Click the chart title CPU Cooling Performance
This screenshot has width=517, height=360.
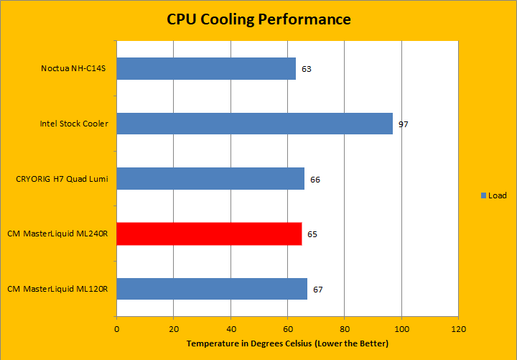[x=258, y=19]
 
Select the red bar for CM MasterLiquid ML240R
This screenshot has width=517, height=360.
[x=209, y=234]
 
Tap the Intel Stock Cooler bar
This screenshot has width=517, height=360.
[x=254, y=124]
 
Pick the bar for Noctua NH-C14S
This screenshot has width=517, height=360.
[x=206, y=69]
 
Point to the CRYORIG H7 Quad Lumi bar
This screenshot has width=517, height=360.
[x=210, y=179]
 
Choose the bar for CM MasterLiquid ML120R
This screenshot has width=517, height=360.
[x=212, y=289]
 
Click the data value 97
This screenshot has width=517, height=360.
[x=404, y=124]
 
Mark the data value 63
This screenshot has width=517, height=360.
[x=307, y=69]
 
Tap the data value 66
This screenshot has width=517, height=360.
[x=315, y=179]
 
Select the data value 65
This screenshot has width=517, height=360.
[x=312, y=234]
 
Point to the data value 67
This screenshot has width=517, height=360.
[x=318, y=290]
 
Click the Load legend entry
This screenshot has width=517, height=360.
[x=493, y=195]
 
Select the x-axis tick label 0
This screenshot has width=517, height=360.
[x=117, y=329]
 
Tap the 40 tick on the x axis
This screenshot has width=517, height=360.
[x=230, y=329]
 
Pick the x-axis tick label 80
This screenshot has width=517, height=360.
[x=345, y=329]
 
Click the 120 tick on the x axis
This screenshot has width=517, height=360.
[x=457, y=329]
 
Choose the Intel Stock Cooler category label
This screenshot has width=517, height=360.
[x=74, y=124]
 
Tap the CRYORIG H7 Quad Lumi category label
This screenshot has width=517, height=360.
[x=62, y=179]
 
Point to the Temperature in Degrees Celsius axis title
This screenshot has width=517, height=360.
[x=288, y=344]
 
